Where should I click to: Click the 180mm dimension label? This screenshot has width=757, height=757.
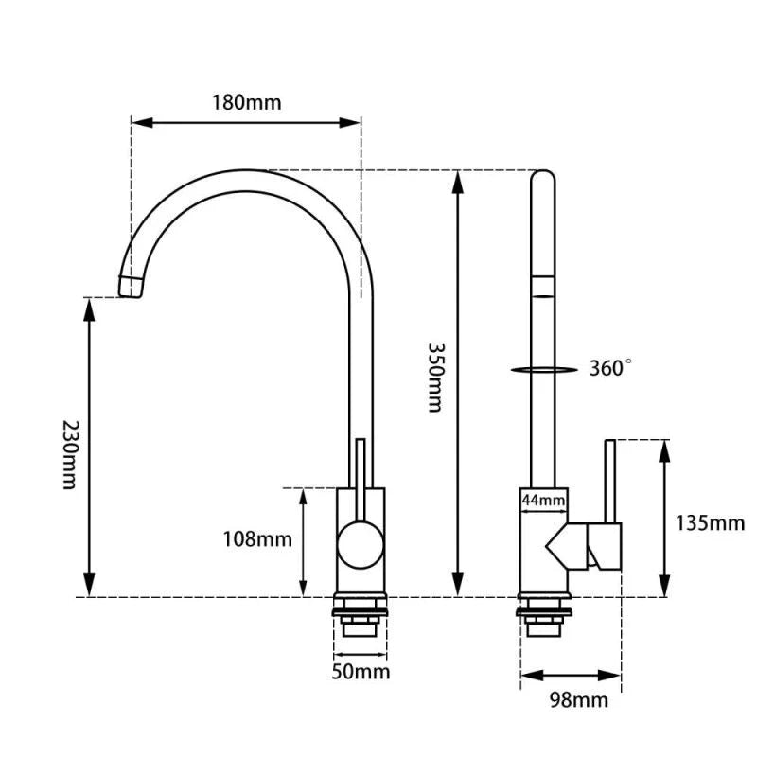(246, 102)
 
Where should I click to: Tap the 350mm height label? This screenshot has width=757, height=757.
(434, 377)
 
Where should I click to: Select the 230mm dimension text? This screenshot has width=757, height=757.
(67, 454)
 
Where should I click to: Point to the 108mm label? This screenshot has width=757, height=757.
(257, 539)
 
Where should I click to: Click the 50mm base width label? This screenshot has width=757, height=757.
(361, 672)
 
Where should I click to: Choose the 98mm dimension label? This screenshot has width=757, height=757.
(578, 700)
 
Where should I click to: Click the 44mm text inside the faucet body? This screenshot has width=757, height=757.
(542, 500)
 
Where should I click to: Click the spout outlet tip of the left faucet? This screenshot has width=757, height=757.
(131, 286)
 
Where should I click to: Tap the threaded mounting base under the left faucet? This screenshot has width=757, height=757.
(360, 617)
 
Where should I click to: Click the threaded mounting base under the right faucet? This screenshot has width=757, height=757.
(543, 617)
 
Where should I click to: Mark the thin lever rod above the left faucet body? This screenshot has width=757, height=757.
(360, 464)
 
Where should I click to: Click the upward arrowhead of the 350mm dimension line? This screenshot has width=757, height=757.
(458, 179)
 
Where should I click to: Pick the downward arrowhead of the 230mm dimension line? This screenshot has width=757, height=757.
(91, 589)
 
